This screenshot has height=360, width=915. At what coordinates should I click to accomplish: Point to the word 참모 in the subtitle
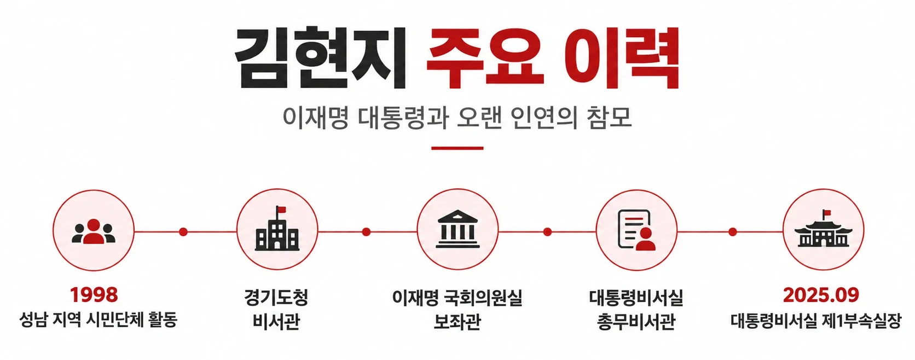click(609, 118)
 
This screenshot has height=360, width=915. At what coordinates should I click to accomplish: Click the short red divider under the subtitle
click(457, 148)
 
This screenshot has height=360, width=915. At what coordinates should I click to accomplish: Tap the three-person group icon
click(94, 232)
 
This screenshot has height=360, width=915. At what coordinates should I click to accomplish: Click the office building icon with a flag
click(277, 228)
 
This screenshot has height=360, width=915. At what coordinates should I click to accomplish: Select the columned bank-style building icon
click(457, 229)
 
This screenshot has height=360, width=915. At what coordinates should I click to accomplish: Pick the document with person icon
click(636, 229)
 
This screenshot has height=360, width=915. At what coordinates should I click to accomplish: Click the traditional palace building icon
click(823, 229)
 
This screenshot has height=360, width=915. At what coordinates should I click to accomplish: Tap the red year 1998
click(94, 295)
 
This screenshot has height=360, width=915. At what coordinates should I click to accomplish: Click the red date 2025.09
click(821, 295)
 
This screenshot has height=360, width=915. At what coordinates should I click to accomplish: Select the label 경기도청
click(276, 297)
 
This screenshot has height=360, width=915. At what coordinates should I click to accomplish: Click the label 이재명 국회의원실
click(457, 297)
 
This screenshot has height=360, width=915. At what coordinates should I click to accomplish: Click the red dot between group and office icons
click(183, 232)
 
